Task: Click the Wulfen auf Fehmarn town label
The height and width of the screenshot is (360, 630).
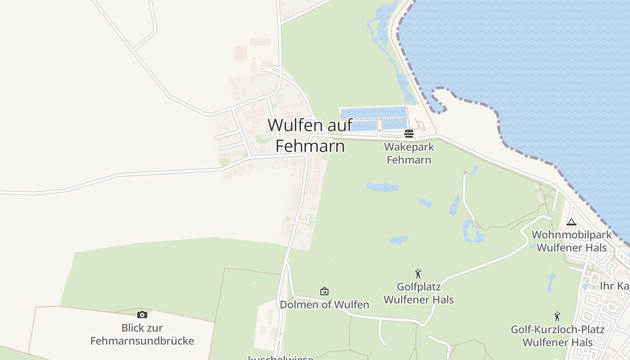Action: (x=310, y=135)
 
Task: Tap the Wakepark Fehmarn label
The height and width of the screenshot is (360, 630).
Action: (x=409, y=153)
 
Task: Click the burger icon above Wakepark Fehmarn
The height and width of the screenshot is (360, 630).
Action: (x=409, y=133)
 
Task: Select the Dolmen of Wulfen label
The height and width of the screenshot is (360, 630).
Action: (x=324, y=305)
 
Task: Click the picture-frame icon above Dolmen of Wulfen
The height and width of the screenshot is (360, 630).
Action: (x=324, y=292)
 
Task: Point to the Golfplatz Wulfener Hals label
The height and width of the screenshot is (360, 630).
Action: (x=418, y=293)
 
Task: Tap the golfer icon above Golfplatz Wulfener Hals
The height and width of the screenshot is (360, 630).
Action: (x=418, y=274)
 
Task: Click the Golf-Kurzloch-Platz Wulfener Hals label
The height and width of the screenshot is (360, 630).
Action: (x=557, y=336)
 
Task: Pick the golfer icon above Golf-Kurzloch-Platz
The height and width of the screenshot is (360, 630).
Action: (x=557, y=316)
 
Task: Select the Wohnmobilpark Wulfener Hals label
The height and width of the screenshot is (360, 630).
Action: (x=571, y=241)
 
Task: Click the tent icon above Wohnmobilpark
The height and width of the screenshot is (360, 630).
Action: (x=571, y=222)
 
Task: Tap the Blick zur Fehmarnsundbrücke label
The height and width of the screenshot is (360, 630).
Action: (x=142, y=334)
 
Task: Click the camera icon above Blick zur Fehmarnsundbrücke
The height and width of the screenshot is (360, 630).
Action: (x=142, y=315)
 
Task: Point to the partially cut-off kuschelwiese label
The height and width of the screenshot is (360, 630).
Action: (x=280, y=357)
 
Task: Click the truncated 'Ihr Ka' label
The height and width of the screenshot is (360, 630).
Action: (x=614, y=286)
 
